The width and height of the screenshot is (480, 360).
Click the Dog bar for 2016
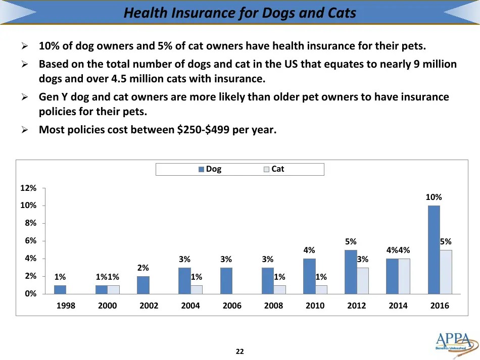coord(434,249)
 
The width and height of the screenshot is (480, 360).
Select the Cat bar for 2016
coord(446,272)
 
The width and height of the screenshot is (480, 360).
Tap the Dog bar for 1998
coord(60,289)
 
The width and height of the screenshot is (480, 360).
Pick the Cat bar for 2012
coord(363,280)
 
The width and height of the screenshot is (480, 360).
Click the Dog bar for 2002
coord(143,285)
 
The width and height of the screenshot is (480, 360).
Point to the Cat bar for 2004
coord(197,289)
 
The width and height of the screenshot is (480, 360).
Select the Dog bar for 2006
coord(226,280)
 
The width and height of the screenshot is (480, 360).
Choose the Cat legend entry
coord(274,169)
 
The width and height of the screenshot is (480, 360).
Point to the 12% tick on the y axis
coord(28,188)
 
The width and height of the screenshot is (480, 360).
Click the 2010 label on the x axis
coord(315,305)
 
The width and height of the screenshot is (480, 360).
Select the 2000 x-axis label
coord(107,305)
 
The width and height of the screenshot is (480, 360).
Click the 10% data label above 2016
coord(434,197)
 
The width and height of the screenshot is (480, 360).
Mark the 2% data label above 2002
coord(143,268)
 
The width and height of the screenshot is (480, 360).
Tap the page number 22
coord(240,351)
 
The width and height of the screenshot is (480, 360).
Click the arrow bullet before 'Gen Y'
coord(24,96)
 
